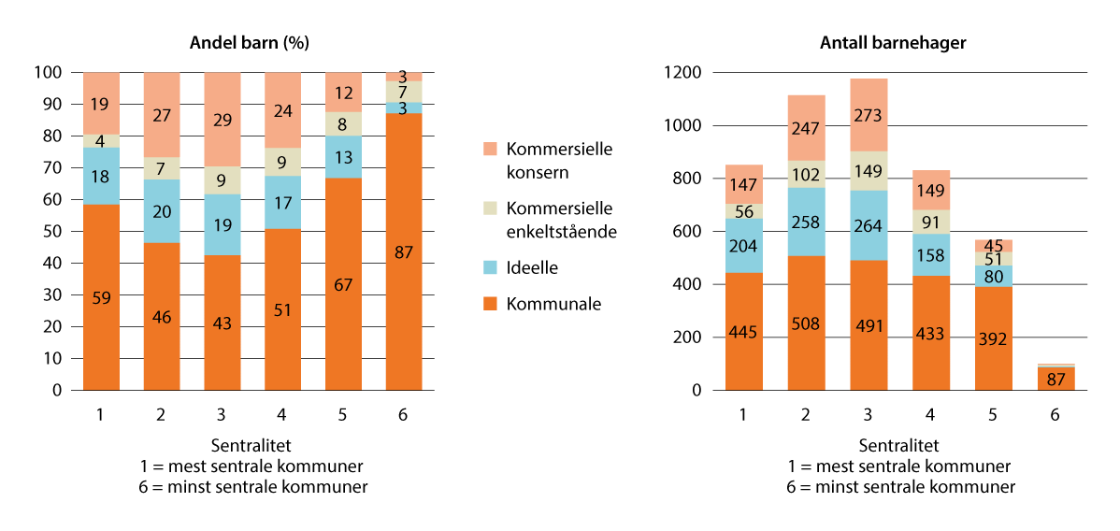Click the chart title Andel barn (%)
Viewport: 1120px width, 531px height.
[250, 43]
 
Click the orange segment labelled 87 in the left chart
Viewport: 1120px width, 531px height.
[404, 251]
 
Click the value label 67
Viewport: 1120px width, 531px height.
[344, 284]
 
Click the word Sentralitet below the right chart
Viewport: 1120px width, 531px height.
[898, 446]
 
